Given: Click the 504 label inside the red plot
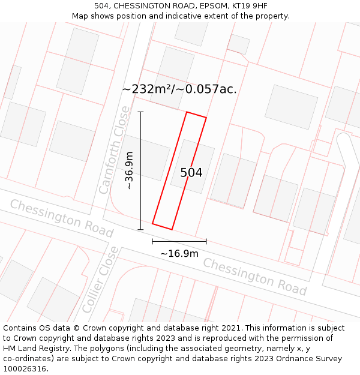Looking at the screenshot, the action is pos(191,173).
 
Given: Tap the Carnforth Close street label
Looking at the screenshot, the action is pos(114,150).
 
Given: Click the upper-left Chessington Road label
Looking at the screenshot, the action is pos(61,218).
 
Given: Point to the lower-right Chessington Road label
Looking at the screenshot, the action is pos(255,276).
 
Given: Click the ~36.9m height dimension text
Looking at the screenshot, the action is pos(129,170).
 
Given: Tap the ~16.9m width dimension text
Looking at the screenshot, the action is pos(179,253).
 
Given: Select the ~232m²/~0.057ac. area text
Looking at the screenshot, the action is pos(179,89).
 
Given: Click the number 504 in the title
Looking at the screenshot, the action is pos(102,6).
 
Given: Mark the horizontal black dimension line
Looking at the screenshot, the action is pos(179,241).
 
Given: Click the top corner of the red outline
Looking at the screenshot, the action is pos(187,112).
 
